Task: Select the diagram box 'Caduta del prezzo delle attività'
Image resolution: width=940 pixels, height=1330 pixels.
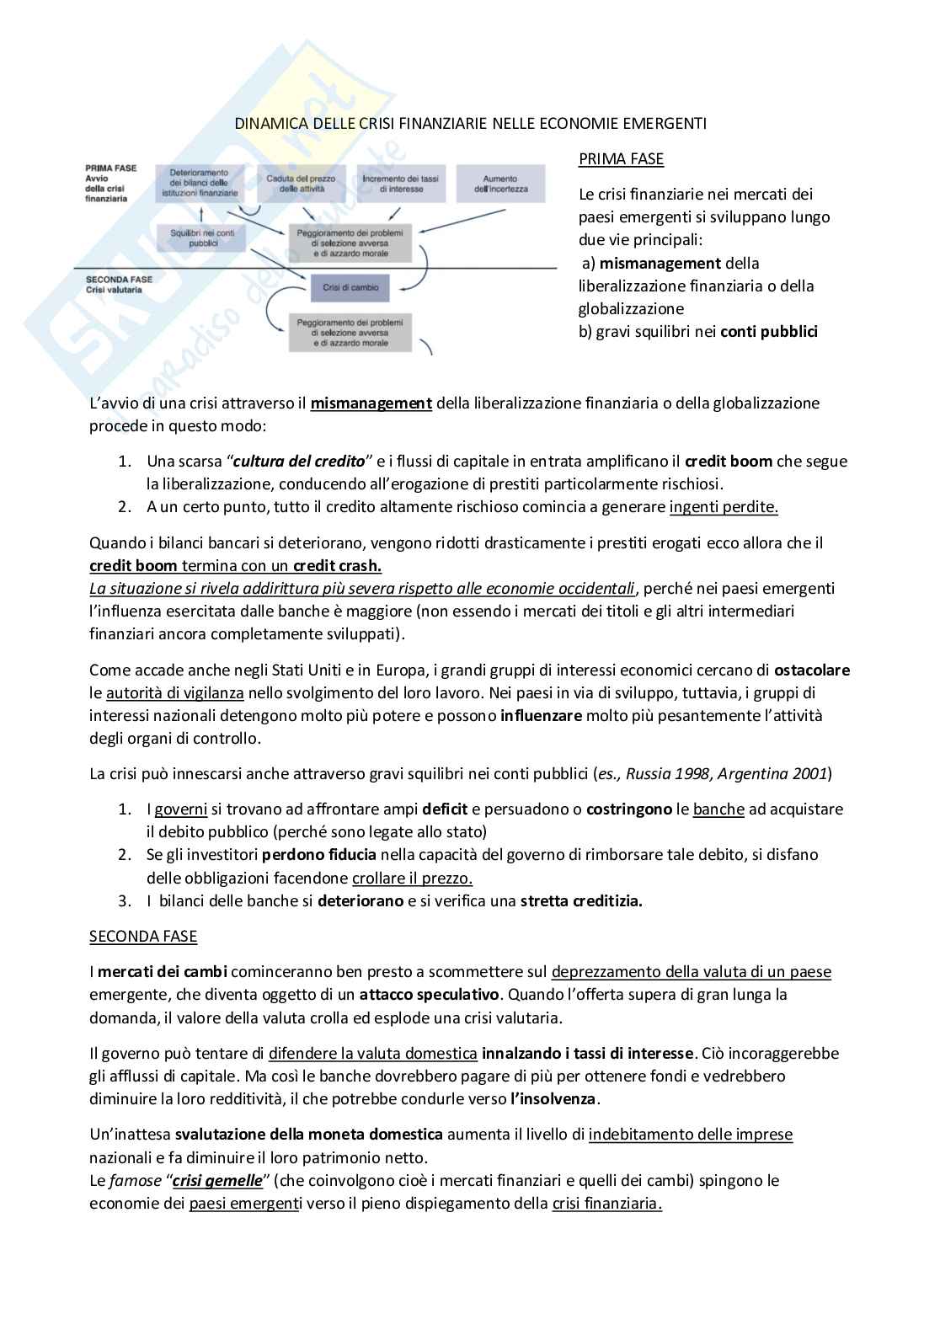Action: pyautogui.click(x=301, y=184)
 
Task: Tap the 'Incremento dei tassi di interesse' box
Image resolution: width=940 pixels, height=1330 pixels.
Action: pyautogui.click(x=400, y=184)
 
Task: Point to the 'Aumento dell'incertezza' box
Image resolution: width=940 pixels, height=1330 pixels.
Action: pyautogui.click(x=500, y=184)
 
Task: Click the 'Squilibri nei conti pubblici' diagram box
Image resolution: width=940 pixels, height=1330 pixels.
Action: pyautogui.click(x=202, y=238)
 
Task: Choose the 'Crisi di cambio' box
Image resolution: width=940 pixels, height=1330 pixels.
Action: pyautogui.click(x=350, y=287)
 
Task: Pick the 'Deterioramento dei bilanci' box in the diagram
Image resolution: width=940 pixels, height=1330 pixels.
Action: pyautogui.click(x=199, y=184)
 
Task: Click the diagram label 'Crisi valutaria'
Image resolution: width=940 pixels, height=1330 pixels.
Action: pyautogui.click(x=114, y=290)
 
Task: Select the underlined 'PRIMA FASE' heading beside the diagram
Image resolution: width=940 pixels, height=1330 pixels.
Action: pyautogui.click(x=621, y=159)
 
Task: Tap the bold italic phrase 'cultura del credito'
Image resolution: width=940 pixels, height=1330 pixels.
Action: pyautogui.click(x=299, y=462)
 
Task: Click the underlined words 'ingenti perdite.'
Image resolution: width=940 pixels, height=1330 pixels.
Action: pyautogui.click(x=724, y=507)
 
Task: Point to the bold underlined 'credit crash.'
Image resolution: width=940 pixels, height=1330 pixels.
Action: pyautogui.click(x=337, y=566)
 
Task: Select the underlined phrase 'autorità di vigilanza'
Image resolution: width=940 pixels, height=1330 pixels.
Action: pyautogui.click(x=175, y=693)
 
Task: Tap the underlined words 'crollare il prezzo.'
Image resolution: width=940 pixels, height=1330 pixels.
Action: pyautogui.click(x=412, y=878)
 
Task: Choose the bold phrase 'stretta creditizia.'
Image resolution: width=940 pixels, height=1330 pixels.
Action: pyautogui.click(x=581, y=900)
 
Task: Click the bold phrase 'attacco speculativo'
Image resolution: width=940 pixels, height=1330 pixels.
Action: pyautogui.click(x=430, y=995)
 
